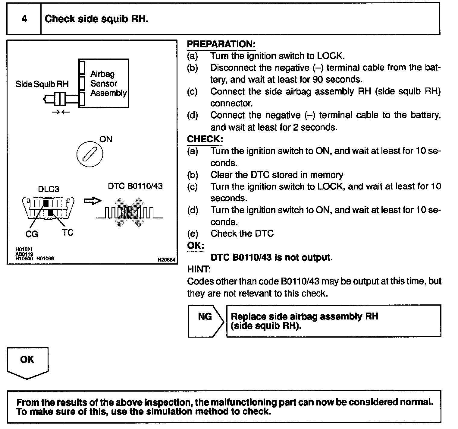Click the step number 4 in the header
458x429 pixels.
point(24,19)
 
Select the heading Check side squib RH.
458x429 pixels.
point(96,19)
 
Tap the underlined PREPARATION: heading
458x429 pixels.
point(221,44)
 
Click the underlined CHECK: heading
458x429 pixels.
point(205,139)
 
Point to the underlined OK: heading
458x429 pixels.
point(196,246)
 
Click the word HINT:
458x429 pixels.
point(199,269)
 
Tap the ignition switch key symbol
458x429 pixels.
point(89,154)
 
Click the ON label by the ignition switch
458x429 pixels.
point(105,139)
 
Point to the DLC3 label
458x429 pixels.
point(49,189)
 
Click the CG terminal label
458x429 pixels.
point(32,234)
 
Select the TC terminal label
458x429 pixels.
point(68,233)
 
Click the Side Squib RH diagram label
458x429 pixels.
point(42,84)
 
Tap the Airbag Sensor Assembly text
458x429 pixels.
point(108,83)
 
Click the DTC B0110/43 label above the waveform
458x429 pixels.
point(135,186)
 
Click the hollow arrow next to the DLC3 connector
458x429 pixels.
point(92,201)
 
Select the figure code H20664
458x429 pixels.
point(166,260)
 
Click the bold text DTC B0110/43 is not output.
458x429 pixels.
point(271,257)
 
